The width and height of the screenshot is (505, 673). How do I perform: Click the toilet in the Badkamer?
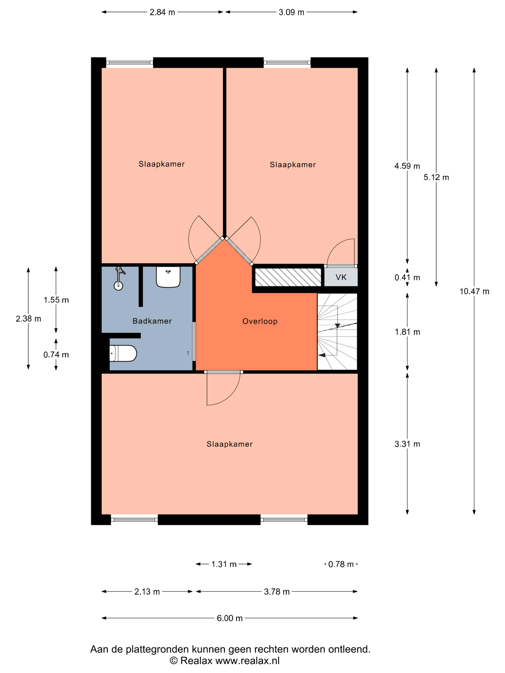[x=123, y=353]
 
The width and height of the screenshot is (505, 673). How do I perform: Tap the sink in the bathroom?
[x=168, y=277]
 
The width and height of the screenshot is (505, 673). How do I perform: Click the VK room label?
[x=341, y=277]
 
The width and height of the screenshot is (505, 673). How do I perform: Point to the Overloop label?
[x=260, y=321]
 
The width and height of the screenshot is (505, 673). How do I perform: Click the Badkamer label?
[x=152, y=321]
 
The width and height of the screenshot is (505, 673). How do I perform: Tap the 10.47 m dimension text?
[x=474, y=292]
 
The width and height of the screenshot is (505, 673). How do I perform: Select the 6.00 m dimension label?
[x=229, y=618]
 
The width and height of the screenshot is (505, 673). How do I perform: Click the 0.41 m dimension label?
[x=407, y=277]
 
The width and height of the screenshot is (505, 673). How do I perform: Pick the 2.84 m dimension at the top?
[x=162, y=12]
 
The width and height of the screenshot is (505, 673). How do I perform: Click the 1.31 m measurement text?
[x=224, y=564]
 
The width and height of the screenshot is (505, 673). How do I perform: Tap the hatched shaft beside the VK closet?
[x=288, y=277]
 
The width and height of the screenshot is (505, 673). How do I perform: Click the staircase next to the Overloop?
[x=337, y=332]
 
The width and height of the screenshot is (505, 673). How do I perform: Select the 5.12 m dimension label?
[x=436, y=177]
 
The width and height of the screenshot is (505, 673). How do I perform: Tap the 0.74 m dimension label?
[x=56, y=355]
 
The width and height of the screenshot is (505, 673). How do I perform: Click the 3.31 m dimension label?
[x=407, y=444]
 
